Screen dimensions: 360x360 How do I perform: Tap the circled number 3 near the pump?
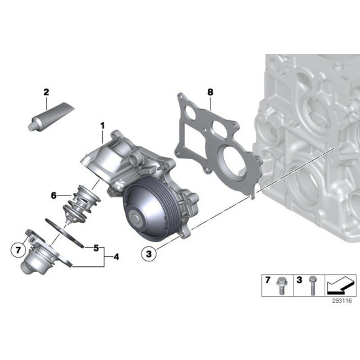[148, 253]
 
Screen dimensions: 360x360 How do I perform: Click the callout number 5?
[96, 248]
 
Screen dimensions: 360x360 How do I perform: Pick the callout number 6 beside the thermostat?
[54, 195]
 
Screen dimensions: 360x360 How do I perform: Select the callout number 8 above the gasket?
[210, 92]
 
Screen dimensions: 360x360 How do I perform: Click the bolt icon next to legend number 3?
[312, 283]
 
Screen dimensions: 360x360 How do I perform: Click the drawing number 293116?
[340, 301]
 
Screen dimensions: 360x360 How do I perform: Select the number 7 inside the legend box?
[269, 281]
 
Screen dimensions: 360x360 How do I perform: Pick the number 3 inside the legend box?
[299, 281]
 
